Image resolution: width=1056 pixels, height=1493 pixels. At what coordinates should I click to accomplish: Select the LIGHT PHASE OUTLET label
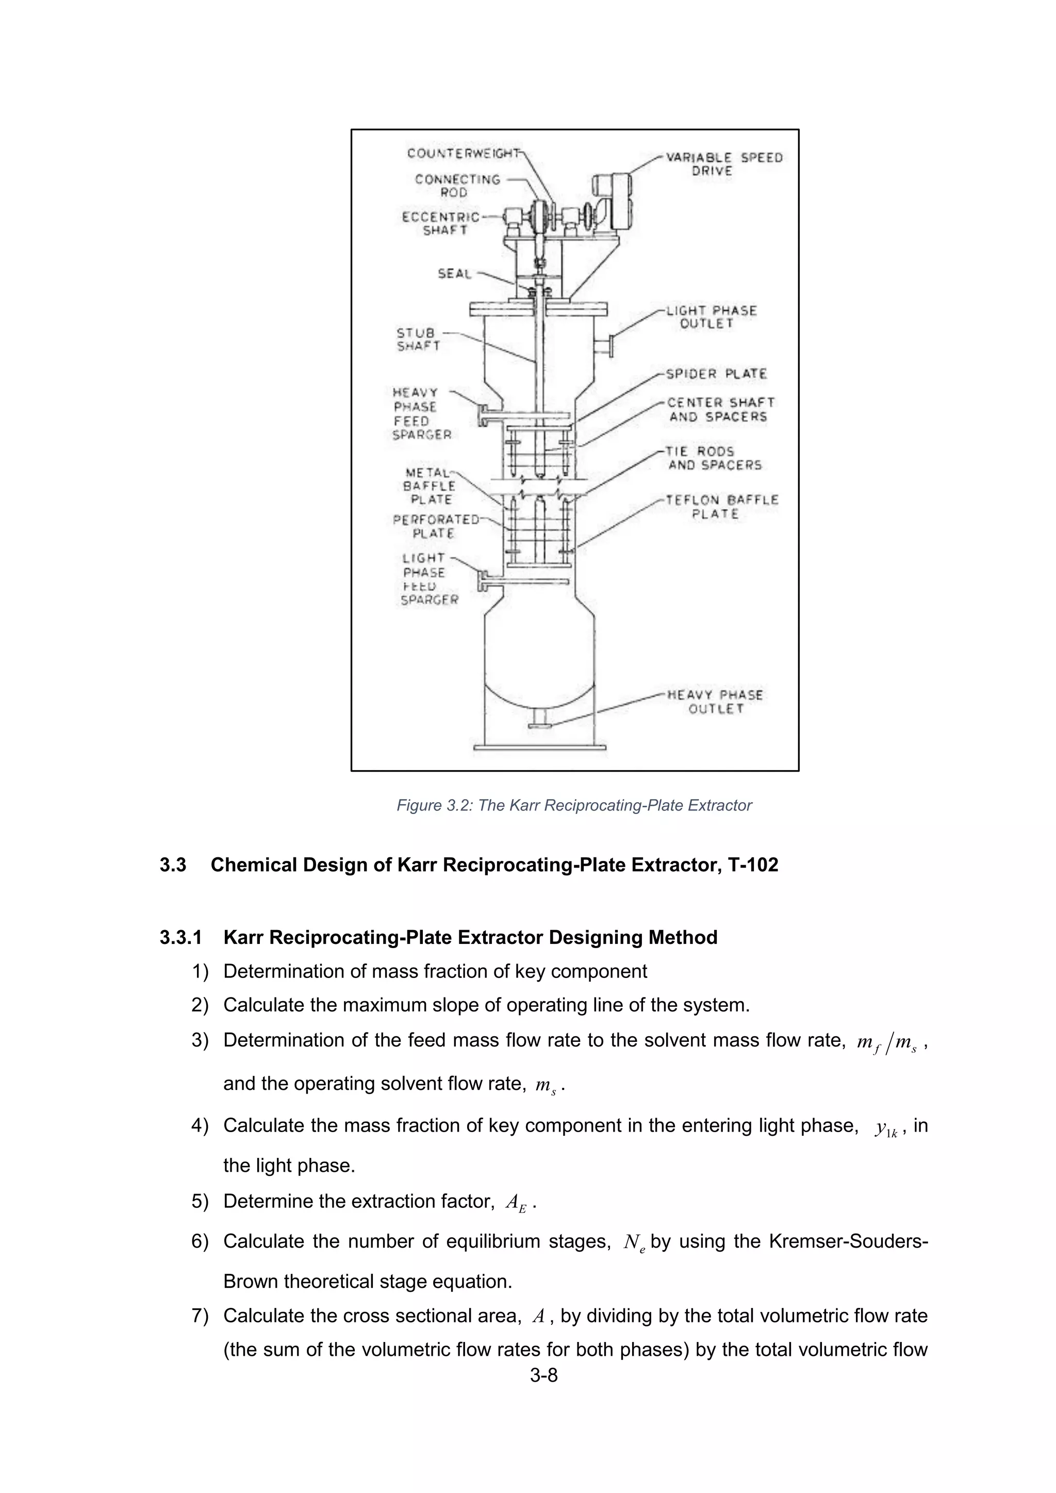pos(712,318)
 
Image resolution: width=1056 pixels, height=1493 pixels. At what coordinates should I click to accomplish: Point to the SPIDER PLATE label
pos(716,374)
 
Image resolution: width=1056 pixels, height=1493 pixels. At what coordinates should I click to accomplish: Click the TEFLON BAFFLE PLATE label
pos(722,507)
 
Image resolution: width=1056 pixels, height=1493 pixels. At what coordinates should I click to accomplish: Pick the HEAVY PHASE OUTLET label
pos(715,702)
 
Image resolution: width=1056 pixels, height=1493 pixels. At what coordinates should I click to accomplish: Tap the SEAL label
pos(454,274)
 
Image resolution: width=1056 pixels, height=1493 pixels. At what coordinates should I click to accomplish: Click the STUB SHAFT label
pos(418,339)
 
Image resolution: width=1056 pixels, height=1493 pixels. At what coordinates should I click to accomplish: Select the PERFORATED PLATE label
pos(434,526)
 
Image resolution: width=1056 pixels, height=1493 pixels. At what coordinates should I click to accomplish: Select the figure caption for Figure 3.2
pos(574,806)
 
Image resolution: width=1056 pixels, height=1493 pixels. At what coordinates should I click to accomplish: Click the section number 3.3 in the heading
pos(173,865)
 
